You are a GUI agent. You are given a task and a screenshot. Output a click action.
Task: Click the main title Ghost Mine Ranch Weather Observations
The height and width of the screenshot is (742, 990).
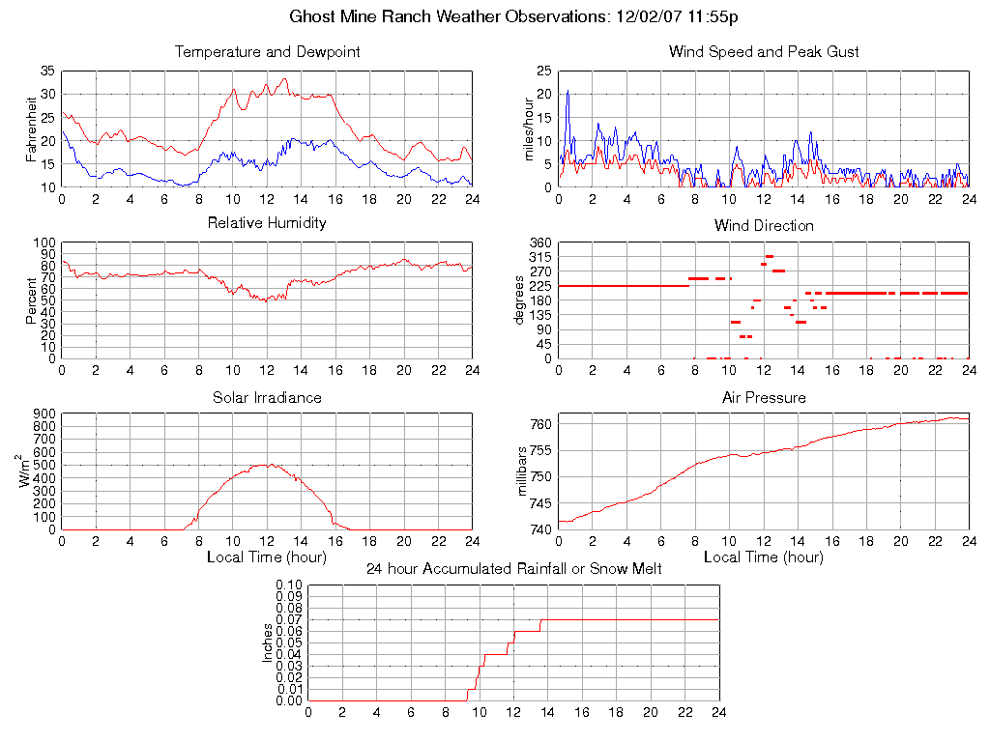(514, 16)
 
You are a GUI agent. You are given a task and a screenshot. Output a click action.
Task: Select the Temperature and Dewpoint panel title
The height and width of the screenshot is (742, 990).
(267, 51)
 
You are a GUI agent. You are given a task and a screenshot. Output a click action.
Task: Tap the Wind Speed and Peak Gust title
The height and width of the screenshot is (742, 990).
(764, 51)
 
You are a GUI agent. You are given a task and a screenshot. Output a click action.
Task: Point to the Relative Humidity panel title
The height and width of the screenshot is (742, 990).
(267, 223)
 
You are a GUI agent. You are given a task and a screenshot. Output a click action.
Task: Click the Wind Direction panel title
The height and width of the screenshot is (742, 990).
(764, 225)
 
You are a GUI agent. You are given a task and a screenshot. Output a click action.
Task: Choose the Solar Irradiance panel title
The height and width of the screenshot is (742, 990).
(267, 397)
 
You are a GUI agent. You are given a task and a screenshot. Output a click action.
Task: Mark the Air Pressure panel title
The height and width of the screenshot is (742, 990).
(764, 397)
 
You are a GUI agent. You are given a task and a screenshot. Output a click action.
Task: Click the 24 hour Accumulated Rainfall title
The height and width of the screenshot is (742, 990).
(514, 569)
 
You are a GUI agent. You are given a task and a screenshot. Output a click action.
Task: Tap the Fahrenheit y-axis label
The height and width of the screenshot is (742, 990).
(31, 128)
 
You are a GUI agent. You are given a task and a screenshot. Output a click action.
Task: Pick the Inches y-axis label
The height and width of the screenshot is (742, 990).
(267, 642)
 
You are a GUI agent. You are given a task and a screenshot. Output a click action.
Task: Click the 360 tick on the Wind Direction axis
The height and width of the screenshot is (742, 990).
(539, 243)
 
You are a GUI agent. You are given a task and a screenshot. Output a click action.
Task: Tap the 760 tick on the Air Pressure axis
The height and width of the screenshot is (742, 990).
(539, 424)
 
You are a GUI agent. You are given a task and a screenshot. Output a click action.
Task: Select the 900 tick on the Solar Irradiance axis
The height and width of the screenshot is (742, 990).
(44, 414)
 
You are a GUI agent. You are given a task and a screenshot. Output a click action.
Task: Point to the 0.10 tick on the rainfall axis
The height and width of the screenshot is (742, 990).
(289, 585)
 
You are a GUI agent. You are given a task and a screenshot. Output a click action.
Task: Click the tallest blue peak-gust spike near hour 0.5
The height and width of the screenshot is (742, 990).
(568, 92)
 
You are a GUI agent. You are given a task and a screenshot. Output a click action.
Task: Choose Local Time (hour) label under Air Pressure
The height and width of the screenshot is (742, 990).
(764, 557)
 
